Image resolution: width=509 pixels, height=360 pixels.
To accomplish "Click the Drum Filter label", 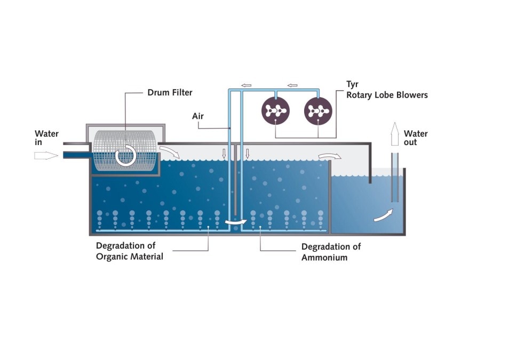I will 170,92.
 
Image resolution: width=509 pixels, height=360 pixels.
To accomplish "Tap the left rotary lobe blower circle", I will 275,111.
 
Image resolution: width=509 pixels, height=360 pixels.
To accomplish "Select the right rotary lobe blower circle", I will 318,111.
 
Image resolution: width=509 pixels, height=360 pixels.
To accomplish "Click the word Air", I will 198,116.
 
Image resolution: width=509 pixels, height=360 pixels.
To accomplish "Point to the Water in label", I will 46,138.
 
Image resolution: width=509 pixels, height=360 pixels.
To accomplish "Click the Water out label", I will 416,138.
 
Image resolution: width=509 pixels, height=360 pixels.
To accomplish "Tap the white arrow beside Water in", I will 45,155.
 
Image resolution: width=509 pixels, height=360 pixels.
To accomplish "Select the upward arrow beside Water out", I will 395,134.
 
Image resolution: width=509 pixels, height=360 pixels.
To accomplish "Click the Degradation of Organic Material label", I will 129,251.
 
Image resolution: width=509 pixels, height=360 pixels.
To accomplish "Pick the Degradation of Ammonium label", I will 331,252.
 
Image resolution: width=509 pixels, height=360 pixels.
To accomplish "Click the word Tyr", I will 352,84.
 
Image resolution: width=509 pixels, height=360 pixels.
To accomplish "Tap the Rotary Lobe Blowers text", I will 387,95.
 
